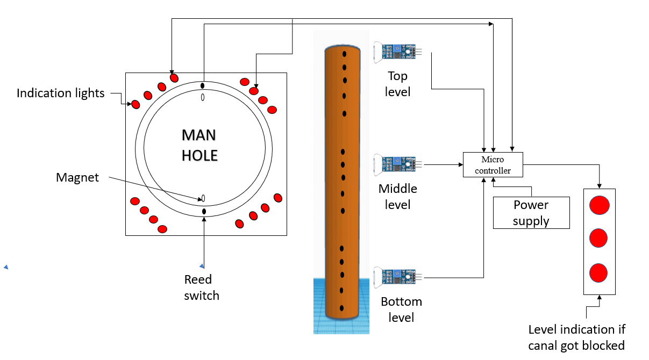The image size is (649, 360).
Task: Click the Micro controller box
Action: click(493, 165)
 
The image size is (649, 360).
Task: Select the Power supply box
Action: click(531, 213)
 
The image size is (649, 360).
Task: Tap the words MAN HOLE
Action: click(200, 145)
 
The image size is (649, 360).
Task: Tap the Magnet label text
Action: click(77, 177)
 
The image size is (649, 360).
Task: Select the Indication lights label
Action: click(61, 93)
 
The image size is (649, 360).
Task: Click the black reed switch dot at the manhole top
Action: click(203, 85)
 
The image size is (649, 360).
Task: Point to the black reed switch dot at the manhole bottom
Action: click(204, 212)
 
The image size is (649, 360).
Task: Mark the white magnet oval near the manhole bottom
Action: click(203, 198)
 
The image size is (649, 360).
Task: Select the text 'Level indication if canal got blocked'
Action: click(576, 337)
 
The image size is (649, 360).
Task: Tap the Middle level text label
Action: click(398, 197)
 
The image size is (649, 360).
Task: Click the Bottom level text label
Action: click(401, 309)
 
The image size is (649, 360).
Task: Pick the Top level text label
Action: click(398, 84)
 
